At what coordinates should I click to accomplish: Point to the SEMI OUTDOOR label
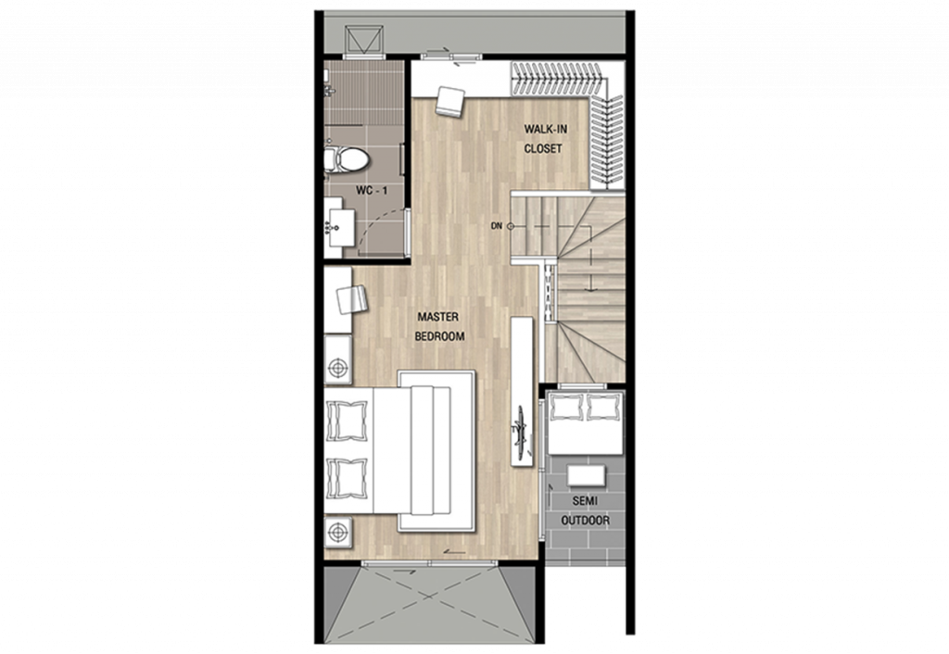[585, 510]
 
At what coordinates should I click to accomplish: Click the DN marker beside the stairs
[498, 226]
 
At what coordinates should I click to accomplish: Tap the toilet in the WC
[347, 159]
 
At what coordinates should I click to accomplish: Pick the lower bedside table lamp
[338, 533]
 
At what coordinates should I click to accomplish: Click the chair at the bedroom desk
[352, 300]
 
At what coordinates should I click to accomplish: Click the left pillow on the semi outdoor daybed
[566, 407]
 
